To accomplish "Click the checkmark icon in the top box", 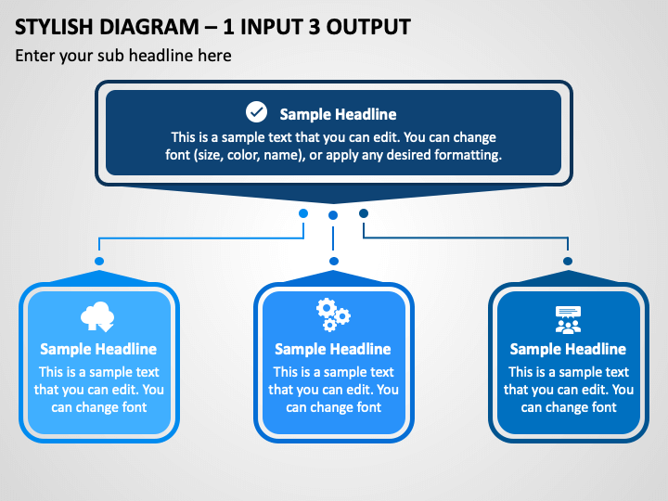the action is tap(256, 112).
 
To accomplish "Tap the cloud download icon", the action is tap(97, 316).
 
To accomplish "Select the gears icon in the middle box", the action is tap(333, 315).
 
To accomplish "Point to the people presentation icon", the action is tap(569, 319).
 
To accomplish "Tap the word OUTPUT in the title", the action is tap(368, 27).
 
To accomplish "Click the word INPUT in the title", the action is tap(272, 27).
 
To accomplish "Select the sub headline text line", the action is tap(123, 56).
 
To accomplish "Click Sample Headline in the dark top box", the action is tap(338, 114).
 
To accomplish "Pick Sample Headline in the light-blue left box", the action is tap(98, 350).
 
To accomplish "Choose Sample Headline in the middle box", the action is tap(333, 350).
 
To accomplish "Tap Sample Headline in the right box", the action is tap(568, 350).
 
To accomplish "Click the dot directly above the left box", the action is tap(99, 261).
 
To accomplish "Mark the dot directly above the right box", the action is tap(568, 261).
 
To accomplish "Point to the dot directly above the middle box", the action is tap(334, 261).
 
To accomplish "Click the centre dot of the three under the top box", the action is tap(333, 215).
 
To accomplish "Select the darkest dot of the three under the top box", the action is tap(364, 213).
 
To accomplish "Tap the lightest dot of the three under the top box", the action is tap(303, 213).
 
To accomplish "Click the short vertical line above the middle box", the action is tap(333, 238).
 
